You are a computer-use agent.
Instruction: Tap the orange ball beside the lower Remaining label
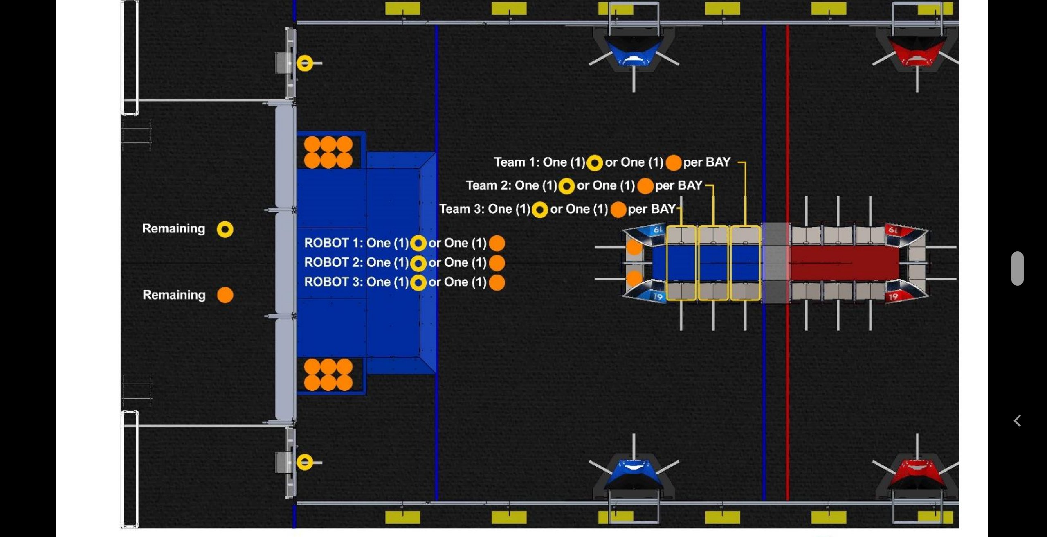tap(225, 295)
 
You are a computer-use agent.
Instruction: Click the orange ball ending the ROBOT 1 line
tap(497, 243)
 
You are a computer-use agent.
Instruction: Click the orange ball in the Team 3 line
tap(618, 210)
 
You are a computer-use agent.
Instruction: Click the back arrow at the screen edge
tap(1018, 421)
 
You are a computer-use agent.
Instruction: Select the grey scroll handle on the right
tap(1018, 268)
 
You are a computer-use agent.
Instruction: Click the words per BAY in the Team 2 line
tap(679, 186)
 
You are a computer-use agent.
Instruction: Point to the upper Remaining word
tap(174, 229)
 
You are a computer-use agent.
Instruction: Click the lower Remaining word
tap(174, 295)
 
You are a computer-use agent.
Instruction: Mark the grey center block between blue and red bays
tap(775, 263)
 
